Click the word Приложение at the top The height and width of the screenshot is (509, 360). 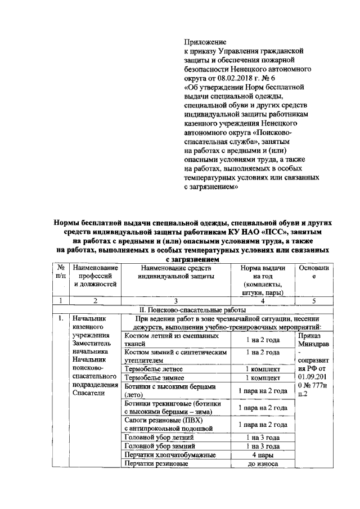pos(205,42)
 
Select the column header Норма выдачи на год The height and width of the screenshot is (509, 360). pos(263,280)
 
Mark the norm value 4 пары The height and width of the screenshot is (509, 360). pos(263,455)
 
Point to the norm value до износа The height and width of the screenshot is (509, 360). pos(263,464)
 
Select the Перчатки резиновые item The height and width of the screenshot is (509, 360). pos(156,464)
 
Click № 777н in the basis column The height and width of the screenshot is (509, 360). pos(312,384)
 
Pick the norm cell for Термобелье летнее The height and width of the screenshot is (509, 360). pos(263,369)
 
